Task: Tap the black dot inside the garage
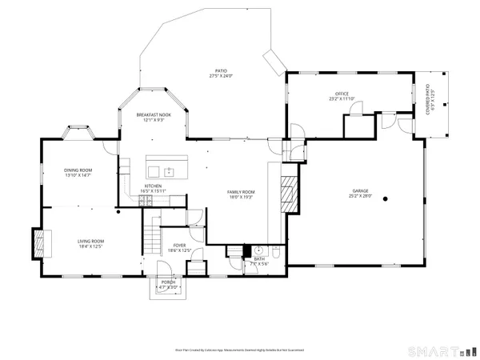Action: tap(386, 198)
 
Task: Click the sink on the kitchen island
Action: tap(169, 170)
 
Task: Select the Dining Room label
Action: tap(79, 172)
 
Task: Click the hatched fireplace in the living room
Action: tap(38, 242)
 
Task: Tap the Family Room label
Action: tap(240, 194)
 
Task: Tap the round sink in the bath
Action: tap(259, 251)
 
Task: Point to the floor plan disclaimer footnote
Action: tap(240, 350)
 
